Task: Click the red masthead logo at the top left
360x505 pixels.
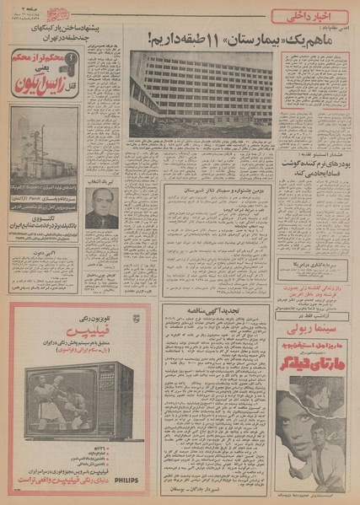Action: [x=30, y=12]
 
